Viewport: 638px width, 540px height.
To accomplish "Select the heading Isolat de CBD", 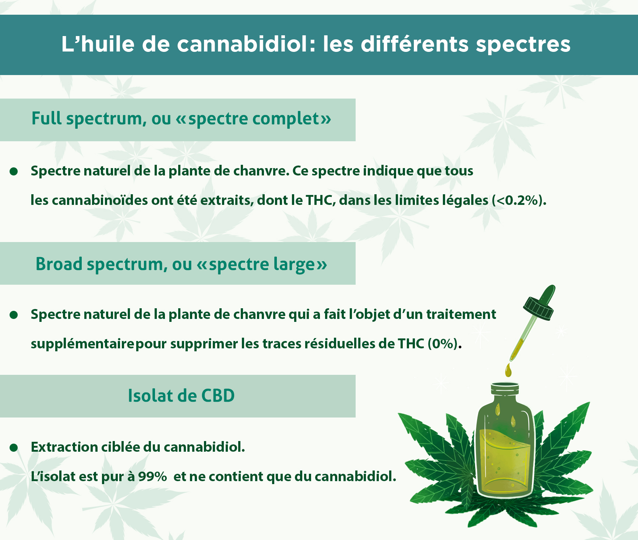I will pyautogui.click(x=181, y=396).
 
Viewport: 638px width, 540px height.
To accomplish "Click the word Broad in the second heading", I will pyautogui.click(x=59, y=264).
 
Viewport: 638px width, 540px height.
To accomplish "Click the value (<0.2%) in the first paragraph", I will pyautogui.click(x=519, y=200).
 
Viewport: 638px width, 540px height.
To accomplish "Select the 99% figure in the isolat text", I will pyautogui.click(x=152, y=477).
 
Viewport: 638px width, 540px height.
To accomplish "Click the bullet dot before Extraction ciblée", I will pyautogui.click(x=14, y=448).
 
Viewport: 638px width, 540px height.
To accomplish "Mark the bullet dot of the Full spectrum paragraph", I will pyautogui.click(x=14, y=171).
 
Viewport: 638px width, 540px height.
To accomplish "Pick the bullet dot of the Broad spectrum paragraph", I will pyautogui.click(x=14, y=315).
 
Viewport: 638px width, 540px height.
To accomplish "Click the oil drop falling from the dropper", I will pyautogui.click(x=508, y=370).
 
